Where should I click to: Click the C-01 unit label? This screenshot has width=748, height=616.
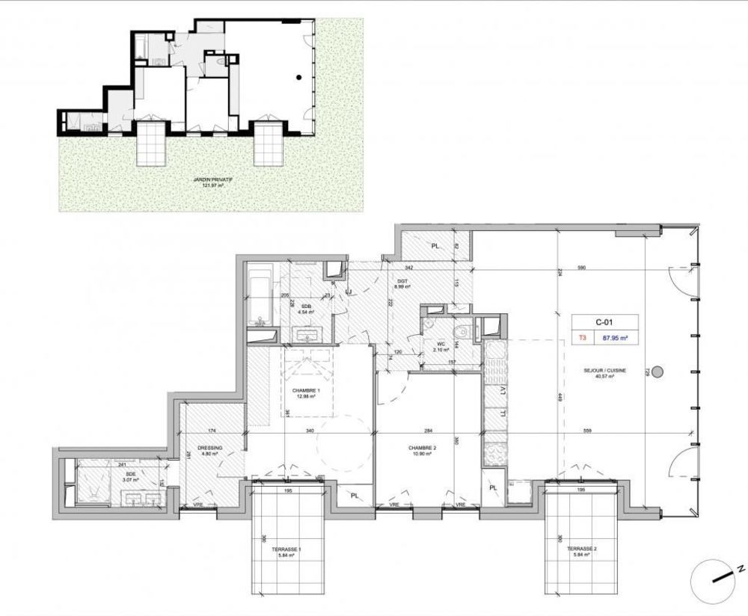[604, 322]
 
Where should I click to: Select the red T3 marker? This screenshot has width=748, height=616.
[582, 337]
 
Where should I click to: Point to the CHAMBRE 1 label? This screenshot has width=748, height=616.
[304, 393]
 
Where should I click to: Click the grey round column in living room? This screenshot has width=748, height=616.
[657, 372]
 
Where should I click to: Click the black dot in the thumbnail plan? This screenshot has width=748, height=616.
[298, 77]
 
